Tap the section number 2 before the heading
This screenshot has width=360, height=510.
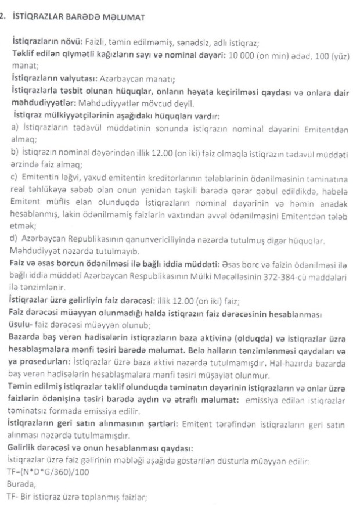[3, 16]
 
